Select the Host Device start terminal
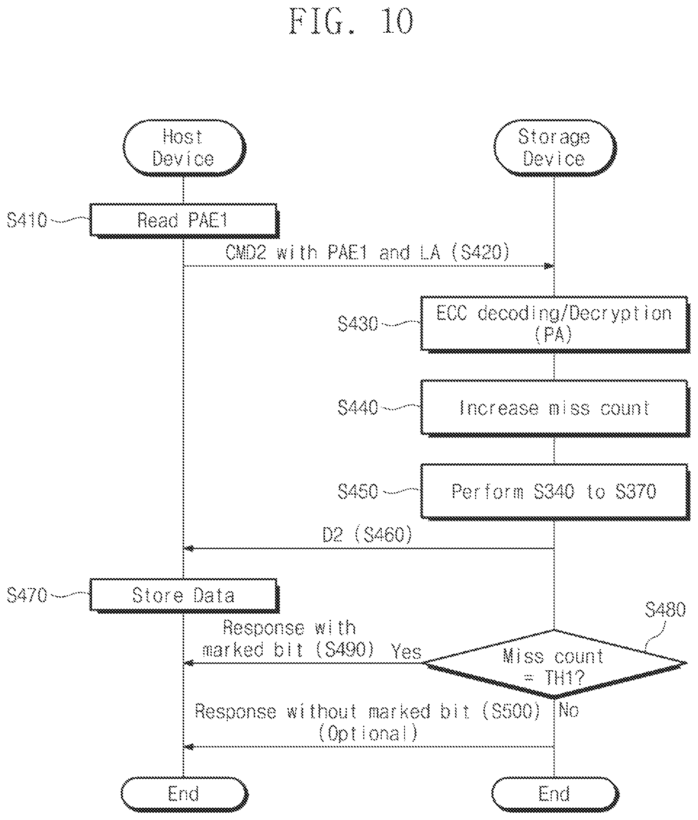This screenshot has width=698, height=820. [184, 147]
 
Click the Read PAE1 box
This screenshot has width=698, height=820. [184, 220]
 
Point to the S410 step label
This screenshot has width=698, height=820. [27, 220]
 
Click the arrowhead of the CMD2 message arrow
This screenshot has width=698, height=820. [549, 266]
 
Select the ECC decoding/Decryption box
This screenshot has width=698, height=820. [555, 324]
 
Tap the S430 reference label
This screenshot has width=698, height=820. [358, 324]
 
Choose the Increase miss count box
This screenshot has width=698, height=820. [555, 408]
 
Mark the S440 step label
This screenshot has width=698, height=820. [358, 407]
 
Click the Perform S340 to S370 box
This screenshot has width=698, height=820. [555, 491]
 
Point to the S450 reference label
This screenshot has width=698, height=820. [358, 491]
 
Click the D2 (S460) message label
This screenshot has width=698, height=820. [368, 535]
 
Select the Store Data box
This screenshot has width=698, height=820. [184, 596]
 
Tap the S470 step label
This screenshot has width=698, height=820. [27, 595]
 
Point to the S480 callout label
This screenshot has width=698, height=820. [665, 609]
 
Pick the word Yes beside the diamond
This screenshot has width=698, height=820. [406, 651]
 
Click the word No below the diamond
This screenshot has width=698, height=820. [569, 711]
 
